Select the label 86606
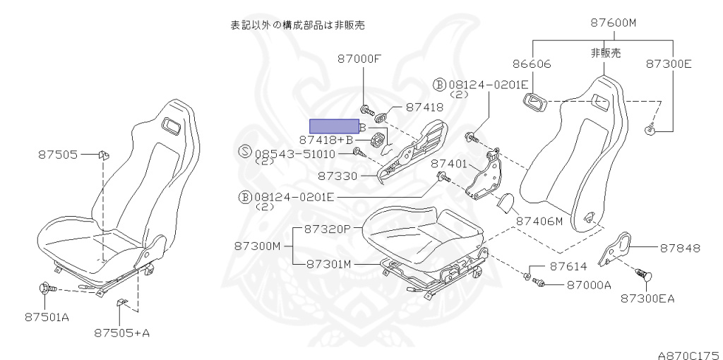tap(532, 64)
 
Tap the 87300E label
tap(669, 64)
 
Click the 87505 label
tap(58, 155)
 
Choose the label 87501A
tap(47, 317)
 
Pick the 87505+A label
tap(121, 332)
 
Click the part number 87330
tap(337, 176)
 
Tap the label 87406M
tap(539, 221)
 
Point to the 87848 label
tap(680, 248)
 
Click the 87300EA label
tap(647, 299)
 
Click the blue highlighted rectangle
tap(334, 126)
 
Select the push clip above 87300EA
tap(644, 275)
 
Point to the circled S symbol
tap(245, 151)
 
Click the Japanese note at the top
tap(297, 25)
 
